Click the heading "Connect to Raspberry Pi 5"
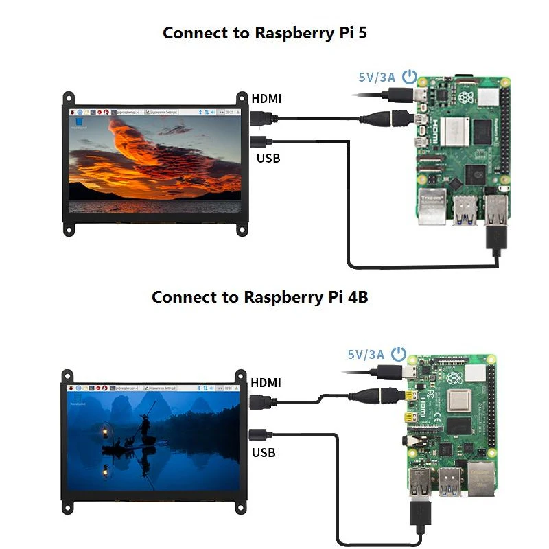[264, 32]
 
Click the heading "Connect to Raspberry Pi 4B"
[259, 297]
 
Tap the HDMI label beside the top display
[267, 98]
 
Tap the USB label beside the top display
[268, 159]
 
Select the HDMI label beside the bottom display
[267, 382]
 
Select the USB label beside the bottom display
[264, 452]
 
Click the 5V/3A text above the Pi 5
[377, 77]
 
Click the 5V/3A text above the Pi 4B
[365, 355]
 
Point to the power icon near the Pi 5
[410, 76]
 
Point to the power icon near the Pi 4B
[399, 354]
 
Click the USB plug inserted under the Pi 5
[495, 237]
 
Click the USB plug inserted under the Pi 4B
[419, 515]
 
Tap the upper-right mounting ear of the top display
[242, 100]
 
